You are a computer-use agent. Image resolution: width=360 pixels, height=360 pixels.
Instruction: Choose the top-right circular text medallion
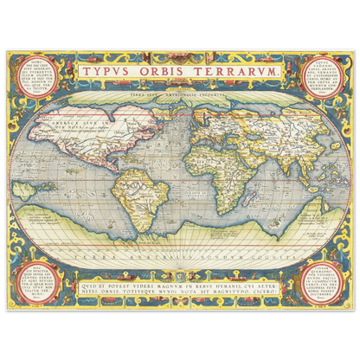pos(320,78)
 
